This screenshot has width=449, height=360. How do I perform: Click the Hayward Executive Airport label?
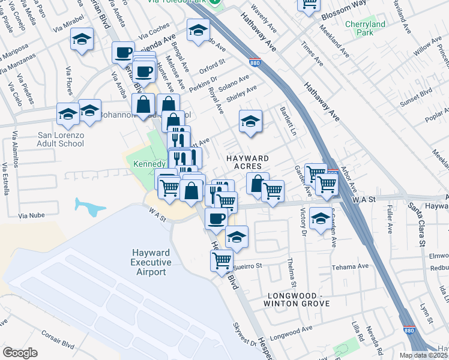[x=150, y=262]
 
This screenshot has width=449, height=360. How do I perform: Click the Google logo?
[x=20, y=353]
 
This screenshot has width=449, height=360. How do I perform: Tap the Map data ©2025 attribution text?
[x=424, y=355]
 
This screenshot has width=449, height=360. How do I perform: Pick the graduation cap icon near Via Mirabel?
[x=82, y=40]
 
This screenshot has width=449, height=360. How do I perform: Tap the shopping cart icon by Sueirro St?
[x=222, y=260]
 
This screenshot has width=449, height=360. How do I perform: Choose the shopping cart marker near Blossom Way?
[x=309, y=5]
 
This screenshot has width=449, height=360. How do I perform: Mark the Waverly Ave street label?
[x=264, y=19]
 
